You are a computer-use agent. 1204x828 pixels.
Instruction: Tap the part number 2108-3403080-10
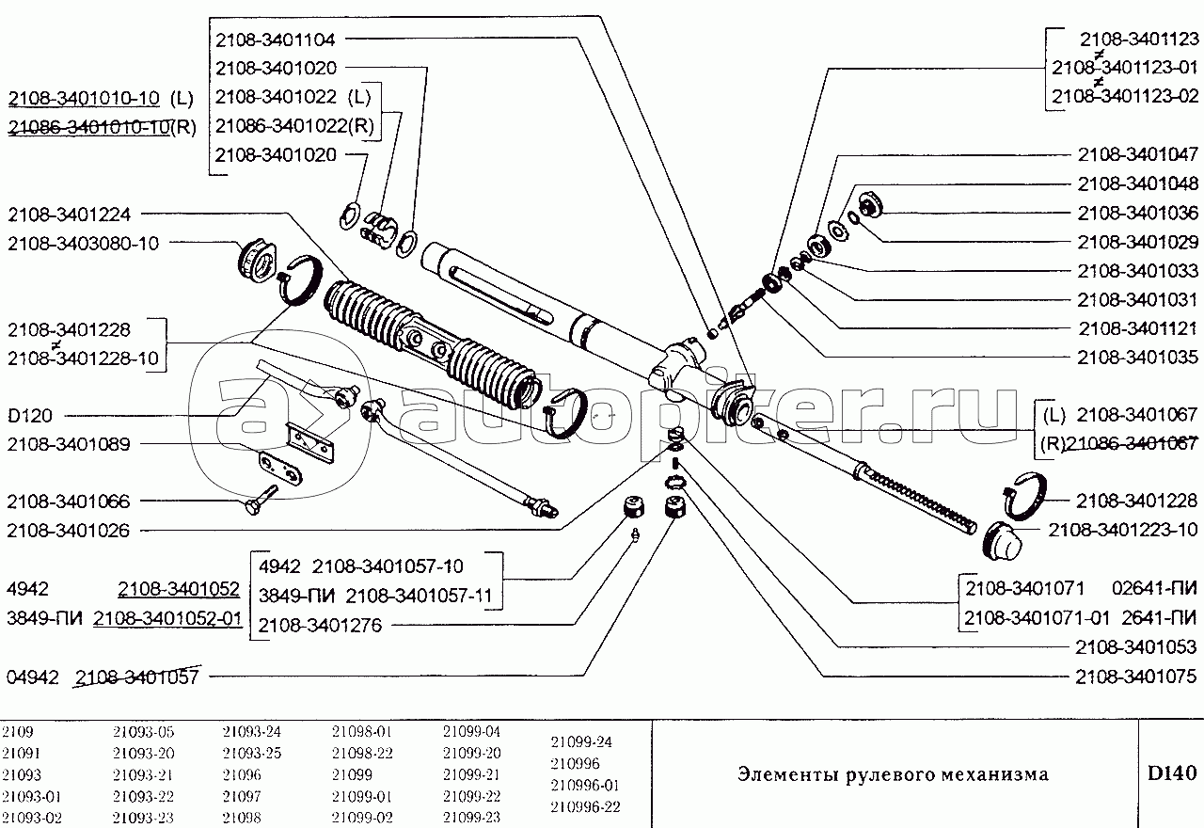tap(83, 243)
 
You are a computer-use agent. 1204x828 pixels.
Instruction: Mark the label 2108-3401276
tap(320, 624)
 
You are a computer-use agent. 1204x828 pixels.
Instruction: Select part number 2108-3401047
tap(1137, 155)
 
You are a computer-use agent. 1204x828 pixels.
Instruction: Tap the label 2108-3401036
tap(1137, 213)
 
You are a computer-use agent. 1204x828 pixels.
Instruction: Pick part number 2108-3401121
tap(1137, 328)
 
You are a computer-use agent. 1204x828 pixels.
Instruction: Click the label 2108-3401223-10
tap(1123, 529)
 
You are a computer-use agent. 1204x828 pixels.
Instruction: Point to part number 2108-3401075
tap(1137, 676)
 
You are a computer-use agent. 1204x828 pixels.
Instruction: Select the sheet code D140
tap(1171, 774)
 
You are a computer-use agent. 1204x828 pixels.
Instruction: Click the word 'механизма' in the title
tap(999, 775)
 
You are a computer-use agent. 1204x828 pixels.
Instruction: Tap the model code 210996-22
tap(585, 807)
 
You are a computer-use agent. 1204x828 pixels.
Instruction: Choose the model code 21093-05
tap(143, 732)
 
